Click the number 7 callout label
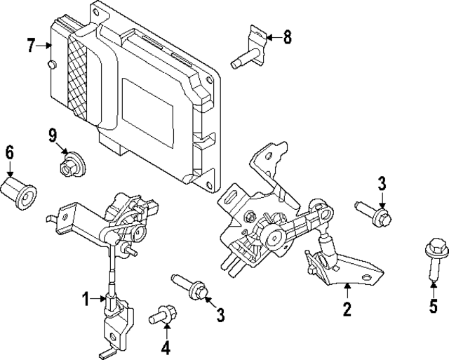tap(31, 46)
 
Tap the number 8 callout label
tap(286, 37)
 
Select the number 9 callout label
tap(53, 134)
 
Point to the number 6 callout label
tap(9, 152)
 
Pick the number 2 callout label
tap(347, 307)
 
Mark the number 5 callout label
tap(433, 306)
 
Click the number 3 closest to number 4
tap(220, 316)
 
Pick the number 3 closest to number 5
tap(382, 184)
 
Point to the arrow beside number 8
tap(269, 37)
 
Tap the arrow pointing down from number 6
tap(9, 169)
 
